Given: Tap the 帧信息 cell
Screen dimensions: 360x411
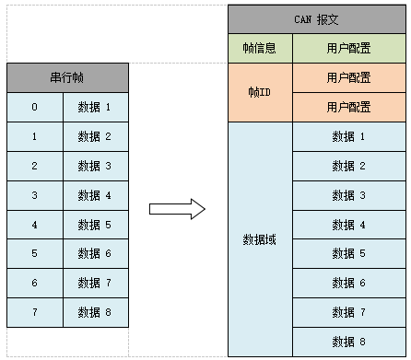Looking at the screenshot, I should [x=260, y=49].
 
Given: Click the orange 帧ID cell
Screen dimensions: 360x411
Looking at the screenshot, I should [x=260, y=93].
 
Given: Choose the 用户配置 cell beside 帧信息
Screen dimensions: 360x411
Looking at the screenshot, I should [x=349, y=49].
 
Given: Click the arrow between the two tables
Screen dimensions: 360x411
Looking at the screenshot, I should [x=177, y=208].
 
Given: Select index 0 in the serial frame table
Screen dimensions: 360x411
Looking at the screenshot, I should [x=35, y=108].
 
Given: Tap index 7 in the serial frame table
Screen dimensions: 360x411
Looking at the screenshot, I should [x=35, y=313].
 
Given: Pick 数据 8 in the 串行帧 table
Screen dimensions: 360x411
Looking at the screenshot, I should [x=95, y=313].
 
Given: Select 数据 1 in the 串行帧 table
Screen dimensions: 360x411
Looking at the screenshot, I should [x=95, y=108].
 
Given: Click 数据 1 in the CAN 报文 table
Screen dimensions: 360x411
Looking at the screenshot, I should [x=349, y=137].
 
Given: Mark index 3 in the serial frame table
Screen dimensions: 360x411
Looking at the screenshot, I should [x=35, y=195].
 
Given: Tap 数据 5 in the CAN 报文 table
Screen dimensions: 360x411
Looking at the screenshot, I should [x=349, y=254].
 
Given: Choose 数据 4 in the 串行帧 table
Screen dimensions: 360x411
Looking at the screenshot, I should [x=95, y=195].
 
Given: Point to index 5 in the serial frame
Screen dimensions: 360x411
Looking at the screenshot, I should [x=35, y=254].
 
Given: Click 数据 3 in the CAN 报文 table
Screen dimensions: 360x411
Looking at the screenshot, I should [x=349, y=195].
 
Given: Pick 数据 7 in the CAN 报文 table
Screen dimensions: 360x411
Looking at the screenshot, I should [x=349, y=313].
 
